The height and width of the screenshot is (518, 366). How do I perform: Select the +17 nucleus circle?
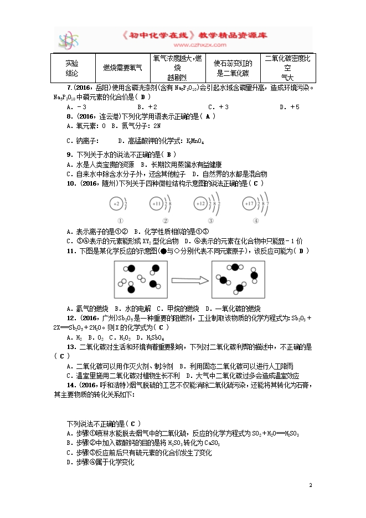pyautogui.click(x=248, y=204)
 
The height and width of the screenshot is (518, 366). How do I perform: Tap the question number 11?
pyautogui.click(x=70, y=251)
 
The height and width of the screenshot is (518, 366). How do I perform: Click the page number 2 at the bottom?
pyautogui.click(x=311, y=485)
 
